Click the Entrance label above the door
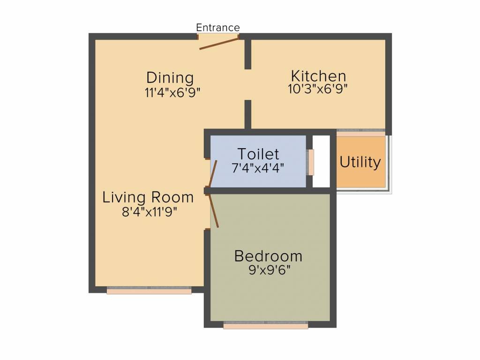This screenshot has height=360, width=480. (217, 28)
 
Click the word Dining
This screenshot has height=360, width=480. (170, 77)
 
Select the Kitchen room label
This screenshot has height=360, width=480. (318, 76)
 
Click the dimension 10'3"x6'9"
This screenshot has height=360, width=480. (318, 88)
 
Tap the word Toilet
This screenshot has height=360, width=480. (258, 154)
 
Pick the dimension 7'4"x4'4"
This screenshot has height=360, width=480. (258, 167)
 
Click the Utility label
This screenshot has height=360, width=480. (360, 163)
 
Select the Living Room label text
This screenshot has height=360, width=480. (148, 197)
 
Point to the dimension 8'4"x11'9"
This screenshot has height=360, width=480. (150, 211)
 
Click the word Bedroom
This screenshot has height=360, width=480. (268, 256)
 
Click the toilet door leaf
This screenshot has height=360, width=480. (213, 173)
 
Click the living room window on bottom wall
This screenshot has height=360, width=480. (149, 291)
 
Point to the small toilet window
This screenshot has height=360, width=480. (310, 162)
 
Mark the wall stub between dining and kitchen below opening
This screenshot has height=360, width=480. (247, 113)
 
